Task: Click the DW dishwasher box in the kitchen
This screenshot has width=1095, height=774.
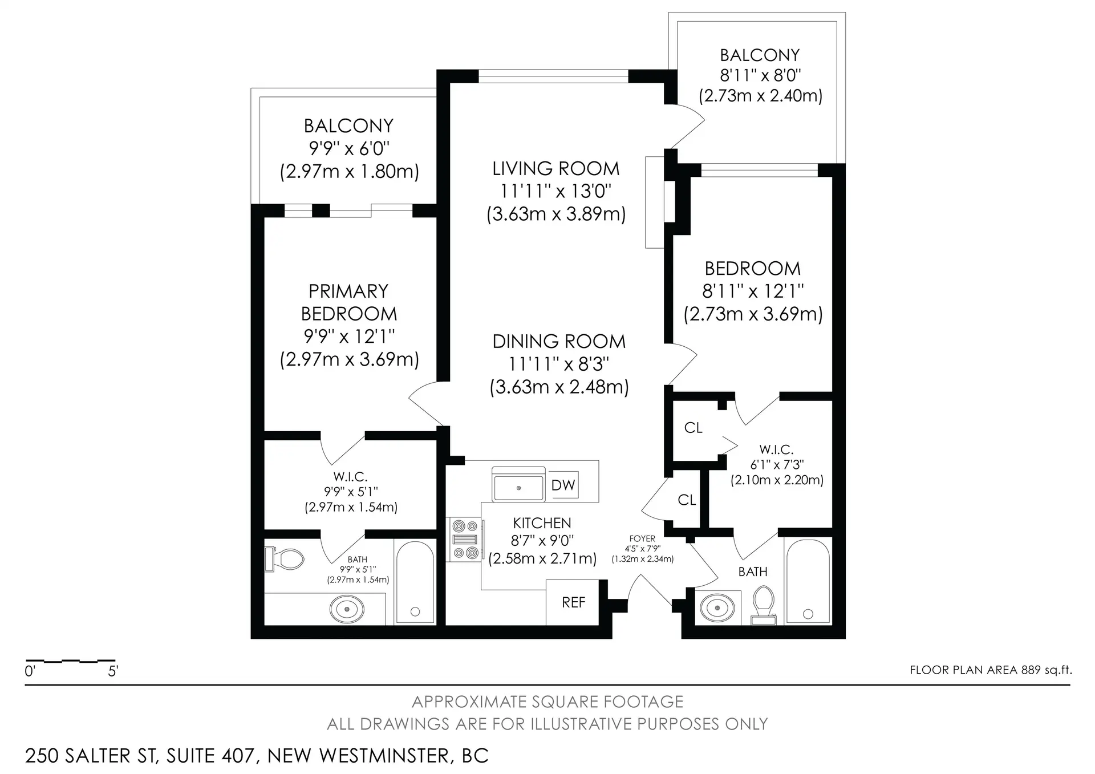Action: tap(563, 485)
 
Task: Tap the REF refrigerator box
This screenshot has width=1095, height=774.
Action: tap(573, 602)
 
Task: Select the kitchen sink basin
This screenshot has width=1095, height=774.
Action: tap(518, 488)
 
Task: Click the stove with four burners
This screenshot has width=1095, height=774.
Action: tap(465, 539)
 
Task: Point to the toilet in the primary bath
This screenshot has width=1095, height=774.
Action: tap(285, 559)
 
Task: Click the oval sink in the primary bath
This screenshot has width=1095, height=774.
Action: tap(347, 609)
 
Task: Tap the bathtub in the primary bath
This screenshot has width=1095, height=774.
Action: tap(415, 582)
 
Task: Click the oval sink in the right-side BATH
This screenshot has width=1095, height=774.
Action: tap(717, 608)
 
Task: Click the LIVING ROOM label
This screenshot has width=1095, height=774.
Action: tap(555, 169)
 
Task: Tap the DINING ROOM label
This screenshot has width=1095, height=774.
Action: tap(559, 342)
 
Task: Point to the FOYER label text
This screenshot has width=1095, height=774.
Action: tap(642, 538)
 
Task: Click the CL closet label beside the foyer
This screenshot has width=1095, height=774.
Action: tap(687, 500)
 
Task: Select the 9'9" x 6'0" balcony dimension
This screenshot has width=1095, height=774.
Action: tap(349, 148)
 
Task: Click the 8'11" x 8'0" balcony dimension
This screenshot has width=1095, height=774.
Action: tap(760, 75)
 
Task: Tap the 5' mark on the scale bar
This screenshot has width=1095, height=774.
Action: tap(113, 671)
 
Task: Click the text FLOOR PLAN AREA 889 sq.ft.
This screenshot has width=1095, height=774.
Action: tap(991, 670)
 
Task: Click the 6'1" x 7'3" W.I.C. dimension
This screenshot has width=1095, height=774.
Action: tap(777, 465)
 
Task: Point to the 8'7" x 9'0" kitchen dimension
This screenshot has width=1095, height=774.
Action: tap(542, 540)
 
